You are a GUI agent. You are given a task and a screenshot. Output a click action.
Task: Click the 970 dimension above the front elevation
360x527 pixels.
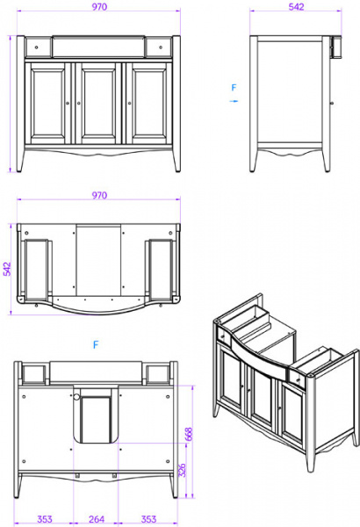click(x=99, y=7)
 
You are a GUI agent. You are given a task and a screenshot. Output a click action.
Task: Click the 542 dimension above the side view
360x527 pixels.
click(x=296, y=7)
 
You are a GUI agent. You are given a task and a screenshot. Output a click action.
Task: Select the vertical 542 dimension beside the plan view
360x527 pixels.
click(x=7, y=269)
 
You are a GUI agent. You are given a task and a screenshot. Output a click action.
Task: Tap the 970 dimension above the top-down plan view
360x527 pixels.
click(x=99, y=195)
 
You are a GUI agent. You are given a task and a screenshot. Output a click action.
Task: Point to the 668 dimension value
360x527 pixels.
click(x=189, y=434)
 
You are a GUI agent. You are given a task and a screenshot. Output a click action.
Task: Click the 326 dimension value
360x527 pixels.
click(x=182, y=471)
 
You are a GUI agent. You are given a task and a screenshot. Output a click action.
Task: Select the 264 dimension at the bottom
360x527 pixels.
click(x=97, y=519)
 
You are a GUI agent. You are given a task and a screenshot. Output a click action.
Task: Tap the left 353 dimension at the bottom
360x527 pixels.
click(x=45, y=519)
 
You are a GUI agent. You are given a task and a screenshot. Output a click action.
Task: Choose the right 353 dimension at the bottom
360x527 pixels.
click(x=148, y=519)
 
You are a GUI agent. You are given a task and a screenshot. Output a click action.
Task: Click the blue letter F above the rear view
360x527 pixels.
click(x=96, y=345)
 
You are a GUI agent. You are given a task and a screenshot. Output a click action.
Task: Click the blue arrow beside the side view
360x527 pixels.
click(x=234, y=101)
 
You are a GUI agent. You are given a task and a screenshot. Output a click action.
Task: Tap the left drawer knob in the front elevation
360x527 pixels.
click(x=36, y=47)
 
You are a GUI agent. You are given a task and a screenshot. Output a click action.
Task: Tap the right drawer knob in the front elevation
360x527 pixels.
click(x=161, y=47)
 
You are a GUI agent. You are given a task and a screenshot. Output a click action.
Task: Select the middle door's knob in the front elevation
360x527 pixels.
click(x=79, y=103)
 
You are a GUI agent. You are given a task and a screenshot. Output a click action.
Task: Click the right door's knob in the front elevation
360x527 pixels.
click(x=130, y=103)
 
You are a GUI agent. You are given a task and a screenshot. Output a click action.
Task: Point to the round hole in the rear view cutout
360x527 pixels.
click(x=76, y=397)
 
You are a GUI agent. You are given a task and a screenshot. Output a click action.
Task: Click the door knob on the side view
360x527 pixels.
click(x=332, y=103)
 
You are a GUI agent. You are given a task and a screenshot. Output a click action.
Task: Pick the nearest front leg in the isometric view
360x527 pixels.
click(x=311, y=461)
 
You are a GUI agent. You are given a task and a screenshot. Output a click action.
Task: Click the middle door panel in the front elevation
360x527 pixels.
click(x=98, y=104)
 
